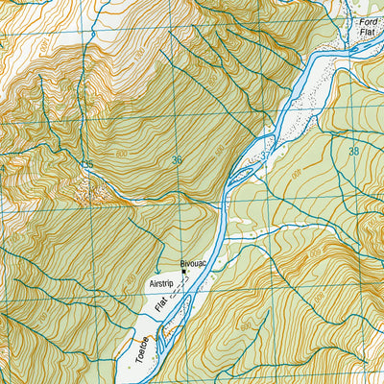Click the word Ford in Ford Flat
pos(369,21)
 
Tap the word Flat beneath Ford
pos(369,33)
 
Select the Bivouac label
pos(194,261)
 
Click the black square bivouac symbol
pos(183,272)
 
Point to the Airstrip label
pos(165,285)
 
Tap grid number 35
pos(87,165)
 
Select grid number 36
pos(177,160)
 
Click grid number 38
pos(355,151)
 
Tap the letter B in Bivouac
pos(181,261)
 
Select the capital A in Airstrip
pos(152,285)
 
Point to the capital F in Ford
pos(361,21)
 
